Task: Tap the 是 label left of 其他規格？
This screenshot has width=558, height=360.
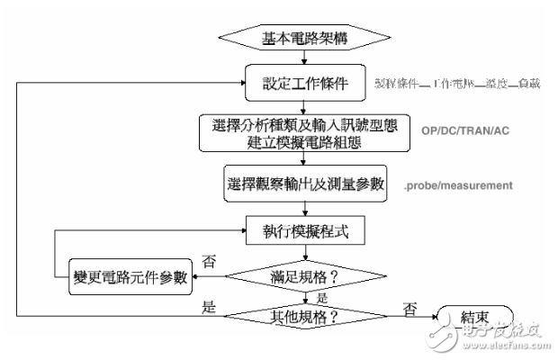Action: click(210, 305)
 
